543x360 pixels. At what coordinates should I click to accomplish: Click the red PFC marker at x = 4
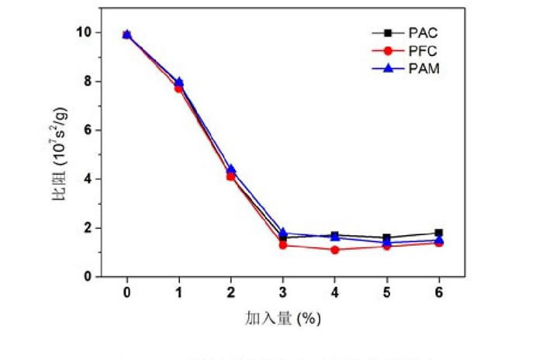point(335,250)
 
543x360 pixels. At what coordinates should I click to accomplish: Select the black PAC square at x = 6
point(439,233)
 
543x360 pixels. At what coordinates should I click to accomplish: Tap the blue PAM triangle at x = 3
point(283,232)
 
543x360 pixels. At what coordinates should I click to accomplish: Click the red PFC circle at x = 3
point(283,245)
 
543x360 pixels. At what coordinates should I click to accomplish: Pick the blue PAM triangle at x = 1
point(178,81)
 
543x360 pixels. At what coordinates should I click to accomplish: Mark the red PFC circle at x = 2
point(230,177)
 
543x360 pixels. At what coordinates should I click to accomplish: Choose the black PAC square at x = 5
point(387,237)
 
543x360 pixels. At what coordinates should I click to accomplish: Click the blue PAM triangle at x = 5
point(387,242)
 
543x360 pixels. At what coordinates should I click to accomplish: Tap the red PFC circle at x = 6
point(439,243)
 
